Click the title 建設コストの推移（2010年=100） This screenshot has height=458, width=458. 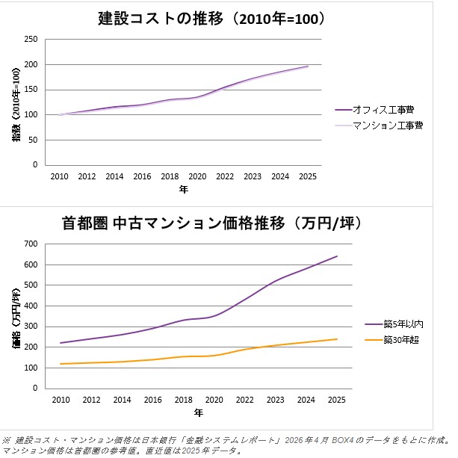(x=212, y=19)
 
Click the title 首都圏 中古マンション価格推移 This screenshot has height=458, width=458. (x=212, y=223)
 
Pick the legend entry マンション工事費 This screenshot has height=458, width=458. (x=388, y=125)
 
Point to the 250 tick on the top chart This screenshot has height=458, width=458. (x=31, y=40)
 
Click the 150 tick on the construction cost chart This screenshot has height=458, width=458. (x=31, y=90)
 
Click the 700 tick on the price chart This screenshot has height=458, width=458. (x=31, y=244)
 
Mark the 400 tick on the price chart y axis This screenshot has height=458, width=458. (x=31, y=306)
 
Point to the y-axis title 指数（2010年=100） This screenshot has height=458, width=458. (x=16, y=101)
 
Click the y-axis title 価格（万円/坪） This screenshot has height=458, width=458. (x=16, y=316)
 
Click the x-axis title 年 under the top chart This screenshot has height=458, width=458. (x=184, y=190)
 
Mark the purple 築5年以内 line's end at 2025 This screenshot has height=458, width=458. (x=337, y=256)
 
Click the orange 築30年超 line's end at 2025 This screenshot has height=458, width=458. (x=337, y=339)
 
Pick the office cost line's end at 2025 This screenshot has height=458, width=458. (x=308, y=66)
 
